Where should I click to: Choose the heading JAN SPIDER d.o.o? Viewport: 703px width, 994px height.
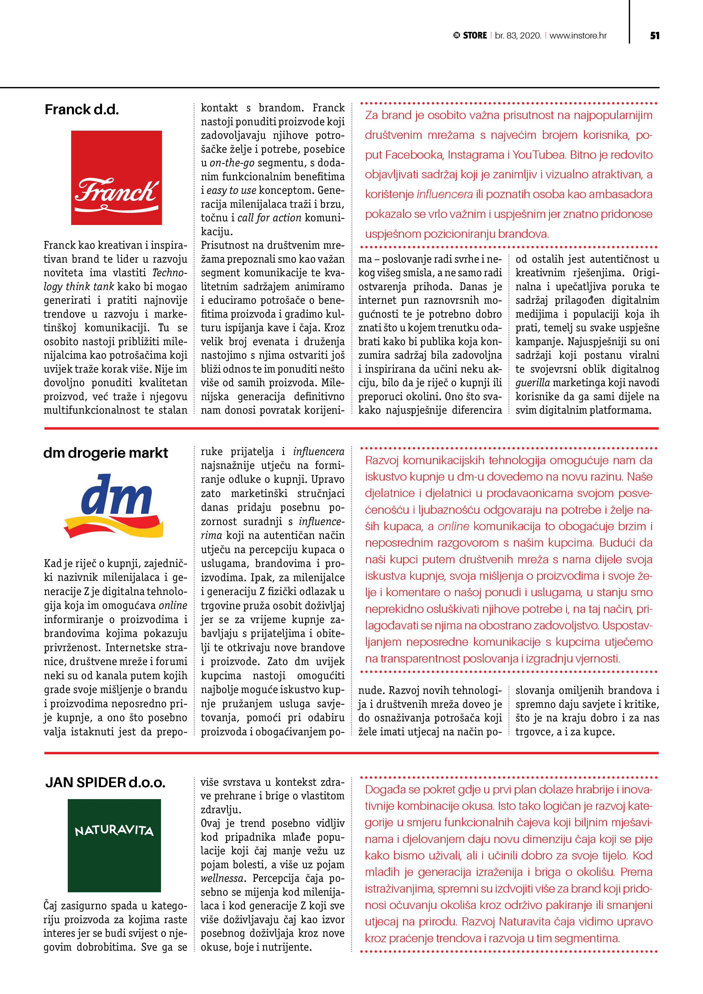tap(105, 782)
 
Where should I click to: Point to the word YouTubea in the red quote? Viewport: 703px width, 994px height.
tap(539, 155)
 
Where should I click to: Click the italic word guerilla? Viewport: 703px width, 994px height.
tap(532, 383)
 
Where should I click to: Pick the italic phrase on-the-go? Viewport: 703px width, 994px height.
tap(232, 163)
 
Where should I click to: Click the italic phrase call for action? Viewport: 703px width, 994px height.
tap(269, 218)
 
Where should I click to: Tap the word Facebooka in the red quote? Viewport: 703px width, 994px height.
tap(414, 155)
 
